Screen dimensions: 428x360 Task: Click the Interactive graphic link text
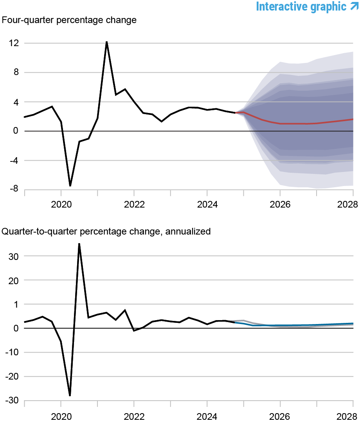(x=301, y=7)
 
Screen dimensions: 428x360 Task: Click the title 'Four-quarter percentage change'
(x=69, y=20)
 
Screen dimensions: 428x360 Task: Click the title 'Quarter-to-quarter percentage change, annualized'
(x=106, y=231)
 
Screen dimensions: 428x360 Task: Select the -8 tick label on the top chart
(x=14, y=189)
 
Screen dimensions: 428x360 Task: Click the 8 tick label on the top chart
(x=16, y=72)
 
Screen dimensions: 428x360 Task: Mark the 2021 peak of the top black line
(x=106, y=42)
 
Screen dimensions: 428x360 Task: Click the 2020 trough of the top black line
(x=70, y=186)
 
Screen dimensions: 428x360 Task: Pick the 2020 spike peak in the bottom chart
(x=79, y=244)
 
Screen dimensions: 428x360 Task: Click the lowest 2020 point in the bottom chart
(x=70, y=396)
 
